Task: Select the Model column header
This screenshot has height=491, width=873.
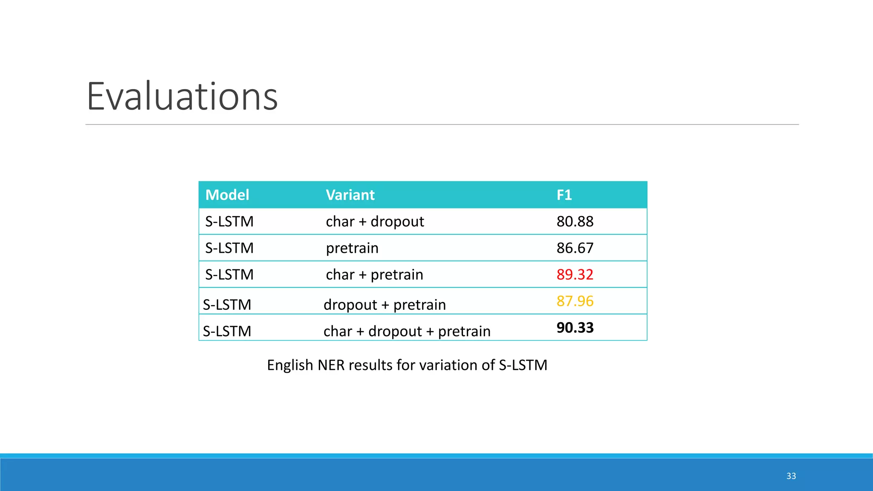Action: tap(227, 195)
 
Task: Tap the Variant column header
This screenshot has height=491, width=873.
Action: tap(350, 195)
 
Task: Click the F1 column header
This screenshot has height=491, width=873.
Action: tap(564, 195)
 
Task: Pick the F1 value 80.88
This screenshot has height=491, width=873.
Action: tap(575, 222)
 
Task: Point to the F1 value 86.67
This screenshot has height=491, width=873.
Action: tap(575, 248)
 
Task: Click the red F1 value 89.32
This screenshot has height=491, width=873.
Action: tap(575, 274)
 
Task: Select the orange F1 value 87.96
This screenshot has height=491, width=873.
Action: tap(575, 301)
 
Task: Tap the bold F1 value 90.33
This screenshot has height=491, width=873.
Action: tap(575, 328)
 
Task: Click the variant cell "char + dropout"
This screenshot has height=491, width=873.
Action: tap(375, 222)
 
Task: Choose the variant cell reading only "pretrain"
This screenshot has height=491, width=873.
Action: tap(352, 248)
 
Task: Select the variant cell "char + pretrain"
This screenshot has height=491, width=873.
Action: tap(374, 274)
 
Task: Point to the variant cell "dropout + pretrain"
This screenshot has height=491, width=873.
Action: tap(384, 305)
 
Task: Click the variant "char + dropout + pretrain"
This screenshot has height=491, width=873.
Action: tap(407, 331)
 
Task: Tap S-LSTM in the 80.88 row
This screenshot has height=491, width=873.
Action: tap(229, 222)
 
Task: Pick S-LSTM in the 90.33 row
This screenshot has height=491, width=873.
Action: tap(227, 331)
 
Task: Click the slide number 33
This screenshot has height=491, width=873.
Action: tap(791, 476)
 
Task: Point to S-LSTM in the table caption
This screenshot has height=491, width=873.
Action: tap(523, 365)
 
